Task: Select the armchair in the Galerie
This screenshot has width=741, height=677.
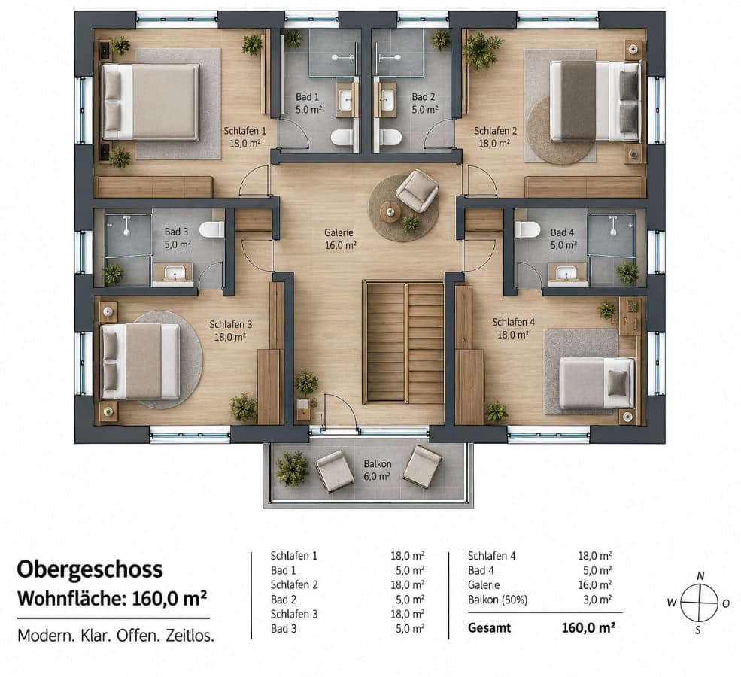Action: pyautogui.click(x=417, y=190)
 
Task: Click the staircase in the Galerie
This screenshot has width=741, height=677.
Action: pyautogui.click(x=403, y=342)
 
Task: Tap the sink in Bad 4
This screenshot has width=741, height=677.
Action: pyautogui.click(x=565, y=273)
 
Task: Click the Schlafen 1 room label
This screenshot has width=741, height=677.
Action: pyautogui.click(x=244, y=137)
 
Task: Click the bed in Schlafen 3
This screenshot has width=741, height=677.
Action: pyautogui.click(x=141, y=361)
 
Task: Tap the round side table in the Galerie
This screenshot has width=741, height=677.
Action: pyautogui.click(x=390, y=211)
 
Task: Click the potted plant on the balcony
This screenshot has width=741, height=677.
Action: pyautogui.click(x=293, y=469)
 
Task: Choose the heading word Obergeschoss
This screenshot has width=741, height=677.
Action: pyautogui.click(x=90, y=569)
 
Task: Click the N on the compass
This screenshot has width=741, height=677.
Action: pyautogui.click(x=701, y=575)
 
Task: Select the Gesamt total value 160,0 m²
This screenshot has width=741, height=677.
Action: pyautogui.click(x=588, y=628)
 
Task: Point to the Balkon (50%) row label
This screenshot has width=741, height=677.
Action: pyautogui.click(x=497, y=600)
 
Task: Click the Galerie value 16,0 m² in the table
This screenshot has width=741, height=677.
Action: pyautogui.click(x=595, y=585)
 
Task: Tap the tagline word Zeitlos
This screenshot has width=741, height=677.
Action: pyautogui.click(x=190, y=636)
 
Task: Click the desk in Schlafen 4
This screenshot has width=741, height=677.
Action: pyautogui.click(x=630, y=316)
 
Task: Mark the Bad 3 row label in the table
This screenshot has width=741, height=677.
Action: pyautogui.click(x=284, y=628)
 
